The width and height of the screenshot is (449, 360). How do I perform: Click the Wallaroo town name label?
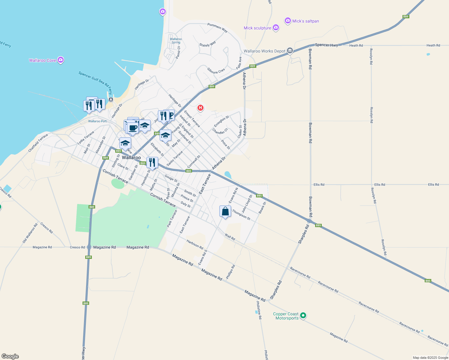click(x=131, y=157)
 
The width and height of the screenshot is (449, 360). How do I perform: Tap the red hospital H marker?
click(x=200, y=108)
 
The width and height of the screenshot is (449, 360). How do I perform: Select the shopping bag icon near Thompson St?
click(x=225, y=211)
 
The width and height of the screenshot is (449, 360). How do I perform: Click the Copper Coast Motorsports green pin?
click(x=303, y=315)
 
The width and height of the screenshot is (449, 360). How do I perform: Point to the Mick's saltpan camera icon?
click(x=288, y=21)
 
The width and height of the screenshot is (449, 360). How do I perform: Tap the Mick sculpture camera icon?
click(x=276, y=28)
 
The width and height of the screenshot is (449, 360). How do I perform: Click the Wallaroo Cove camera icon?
click(x=61, y=60)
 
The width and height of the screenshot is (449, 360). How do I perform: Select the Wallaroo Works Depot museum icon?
click(x=290, y=51)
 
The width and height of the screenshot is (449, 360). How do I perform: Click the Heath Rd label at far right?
click(x=433, y=45)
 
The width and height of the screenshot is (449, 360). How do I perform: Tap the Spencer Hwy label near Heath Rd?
click(x=326, y=45)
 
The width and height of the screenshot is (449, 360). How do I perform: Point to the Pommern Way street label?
click(x=217, y=28)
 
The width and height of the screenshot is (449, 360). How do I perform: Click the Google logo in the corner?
click(x=10, y=356)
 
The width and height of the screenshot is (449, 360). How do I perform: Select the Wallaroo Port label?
click(x=97, y=121)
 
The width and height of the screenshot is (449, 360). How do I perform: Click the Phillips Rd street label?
click(x=231, y=272)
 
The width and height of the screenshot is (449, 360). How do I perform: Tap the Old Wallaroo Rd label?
click(x=30, y=233)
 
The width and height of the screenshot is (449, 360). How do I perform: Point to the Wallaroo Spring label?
click(x=176, y=40)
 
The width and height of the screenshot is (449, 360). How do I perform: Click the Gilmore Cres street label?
click(x=216, y=71)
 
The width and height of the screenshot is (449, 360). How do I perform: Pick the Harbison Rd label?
click(x=194, y=244)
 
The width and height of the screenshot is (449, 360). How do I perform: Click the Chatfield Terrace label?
click(x=38, y=143)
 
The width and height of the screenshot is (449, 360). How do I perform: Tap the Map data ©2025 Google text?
click(x=430, y=358)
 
